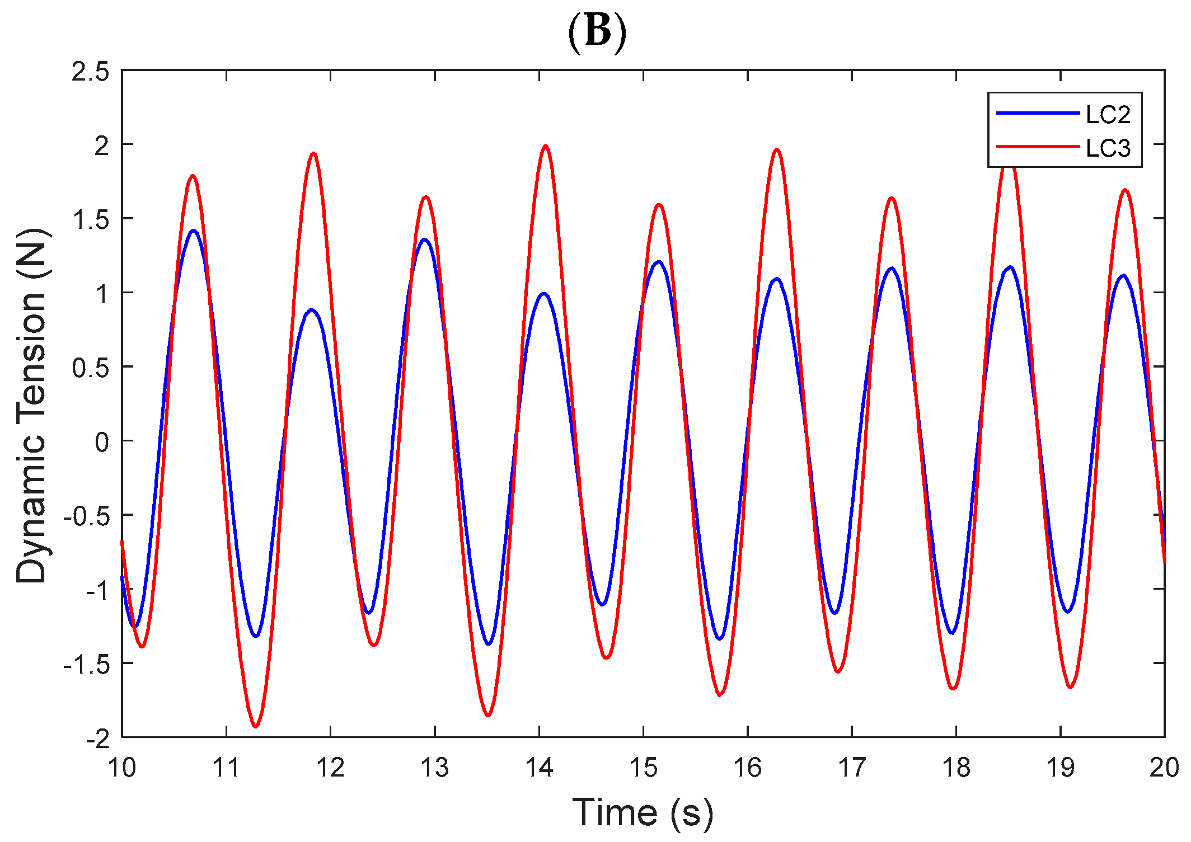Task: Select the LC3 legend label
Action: tap(1108, 148)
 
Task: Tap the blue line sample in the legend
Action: tap(1037, 114)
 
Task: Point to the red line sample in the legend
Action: tap(1037, 147)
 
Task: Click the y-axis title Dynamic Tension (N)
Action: tap(32, 405)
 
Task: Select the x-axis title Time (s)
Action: tap(643, 812)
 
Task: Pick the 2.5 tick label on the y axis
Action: tap(90, 72)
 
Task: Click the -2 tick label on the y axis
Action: tap(98, 738)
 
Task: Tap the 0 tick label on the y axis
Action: tap(102, 442)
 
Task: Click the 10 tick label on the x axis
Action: tap(122, 768)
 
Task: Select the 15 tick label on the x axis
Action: tap(643, 768)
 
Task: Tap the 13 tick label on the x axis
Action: tap(435, 768)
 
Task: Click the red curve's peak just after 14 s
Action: tap(545, 146)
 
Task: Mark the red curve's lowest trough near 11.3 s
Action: tap(256, 726)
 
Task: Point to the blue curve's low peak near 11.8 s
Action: tap(312, 309)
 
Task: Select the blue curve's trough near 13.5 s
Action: tap(489, 644)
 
